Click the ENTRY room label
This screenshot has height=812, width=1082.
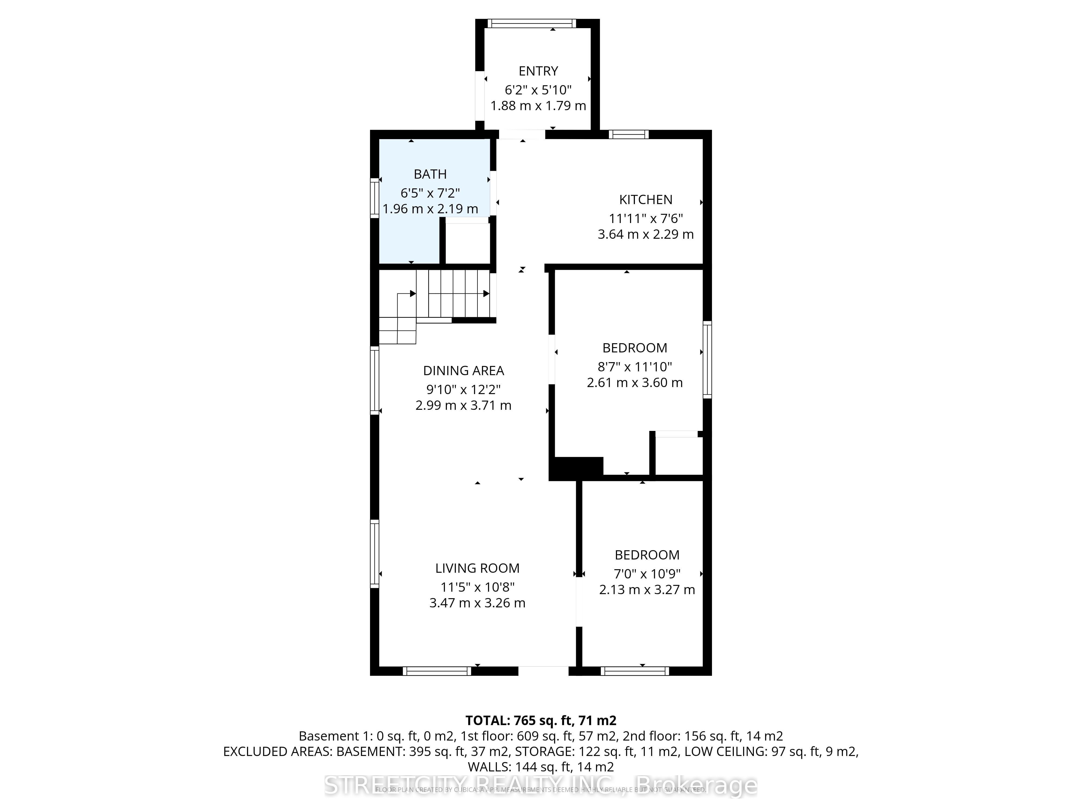tap(538, 71)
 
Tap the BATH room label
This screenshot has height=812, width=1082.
tap(430, 174)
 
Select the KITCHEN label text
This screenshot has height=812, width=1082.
tap(646, 200)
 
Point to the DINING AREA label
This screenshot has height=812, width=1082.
tap(463, 371)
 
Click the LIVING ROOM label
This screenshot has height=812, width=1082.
tap(477, 568)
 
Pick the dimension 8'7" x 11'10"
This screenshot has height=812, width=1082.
tap(634, 366)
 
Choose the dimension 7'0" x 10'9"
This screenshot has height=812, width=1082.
tap(647, 574)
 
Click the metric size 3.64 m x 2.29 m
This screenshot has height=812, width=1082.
tap(646, 234)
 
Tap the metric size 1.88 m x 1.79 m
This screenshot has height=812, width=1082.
tap(538, 106)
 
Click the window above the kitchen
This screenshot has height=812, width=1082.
tap(629, 134)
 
